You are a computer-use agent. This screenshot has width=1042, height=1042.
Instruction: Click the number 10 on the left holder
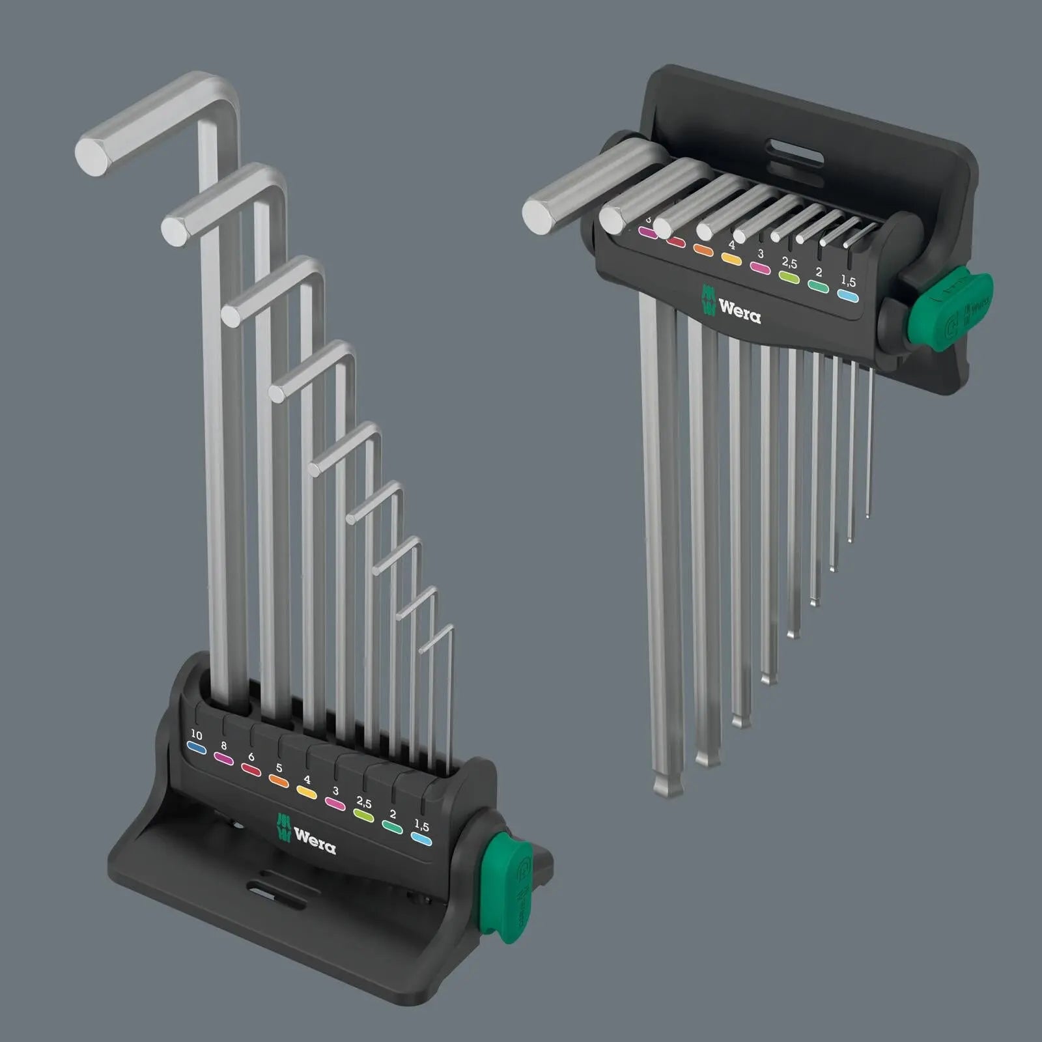(x=196, y=735)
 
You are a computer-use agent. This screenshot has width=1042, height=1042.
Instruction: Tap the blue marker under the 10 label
(x=197, y=750)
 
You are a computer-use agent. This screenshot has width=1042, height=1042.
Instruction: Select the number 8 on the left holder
(x=224, y=746)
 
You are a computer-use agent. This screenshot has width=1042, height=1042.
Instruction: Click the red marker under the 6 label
(x=251, y=770)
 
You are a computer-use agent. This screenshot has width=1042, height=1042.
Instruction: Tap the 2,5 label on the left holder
(x=363, y=803)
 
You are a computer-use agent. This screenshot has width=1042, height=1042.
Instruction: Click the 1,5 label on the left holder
(x=421, y=826)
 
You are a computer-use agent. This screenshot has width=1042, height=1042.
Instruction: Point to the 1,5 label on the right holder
(x=848, y=281)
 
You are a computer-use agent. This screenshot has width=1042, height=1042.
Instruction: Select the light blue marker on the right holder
(x=847, y=296)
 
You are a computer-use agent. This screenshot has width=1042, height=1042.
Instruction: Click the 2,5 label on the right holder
(x=789, y=263)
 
